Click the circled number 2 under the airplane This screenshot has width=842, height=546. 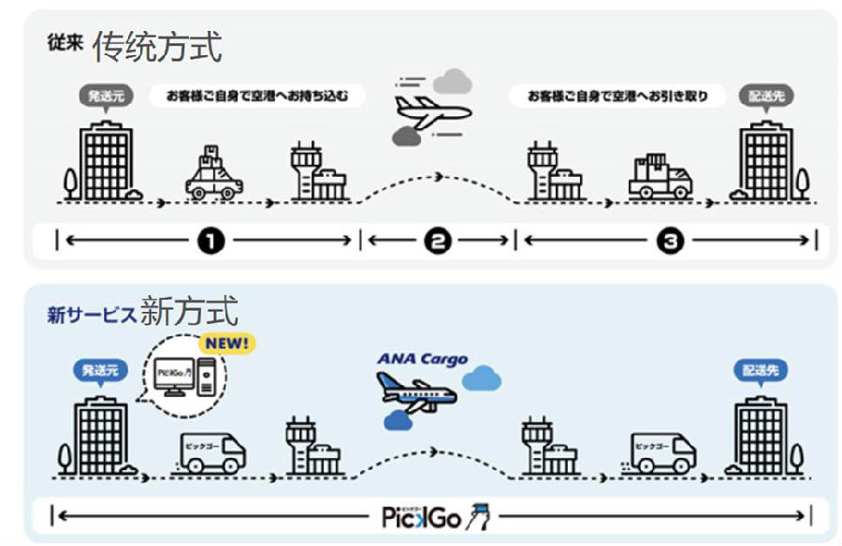coord(437,242)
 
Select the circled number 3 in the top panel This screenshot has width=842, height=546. coord(670,242)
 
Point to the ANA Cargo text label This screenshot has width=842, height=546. coord(423,359)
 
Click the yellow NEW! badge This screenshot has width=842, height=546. coord(227,343)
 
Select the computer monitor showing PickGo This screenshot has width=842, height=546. coord(175,378)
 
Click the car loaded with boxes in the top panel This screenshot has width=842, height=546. coord(213,173)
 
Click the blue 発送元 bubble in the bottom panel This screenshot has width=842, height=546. coord(98,371)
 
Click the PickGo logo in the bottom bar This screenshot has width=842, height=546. coord(436,516)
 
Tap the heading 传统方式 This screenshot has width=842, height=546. coord(157,45)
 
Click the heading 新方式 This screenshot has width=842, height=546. coord(190,311)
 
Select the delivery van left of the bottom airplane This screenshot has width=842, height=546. coord(210,450)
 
